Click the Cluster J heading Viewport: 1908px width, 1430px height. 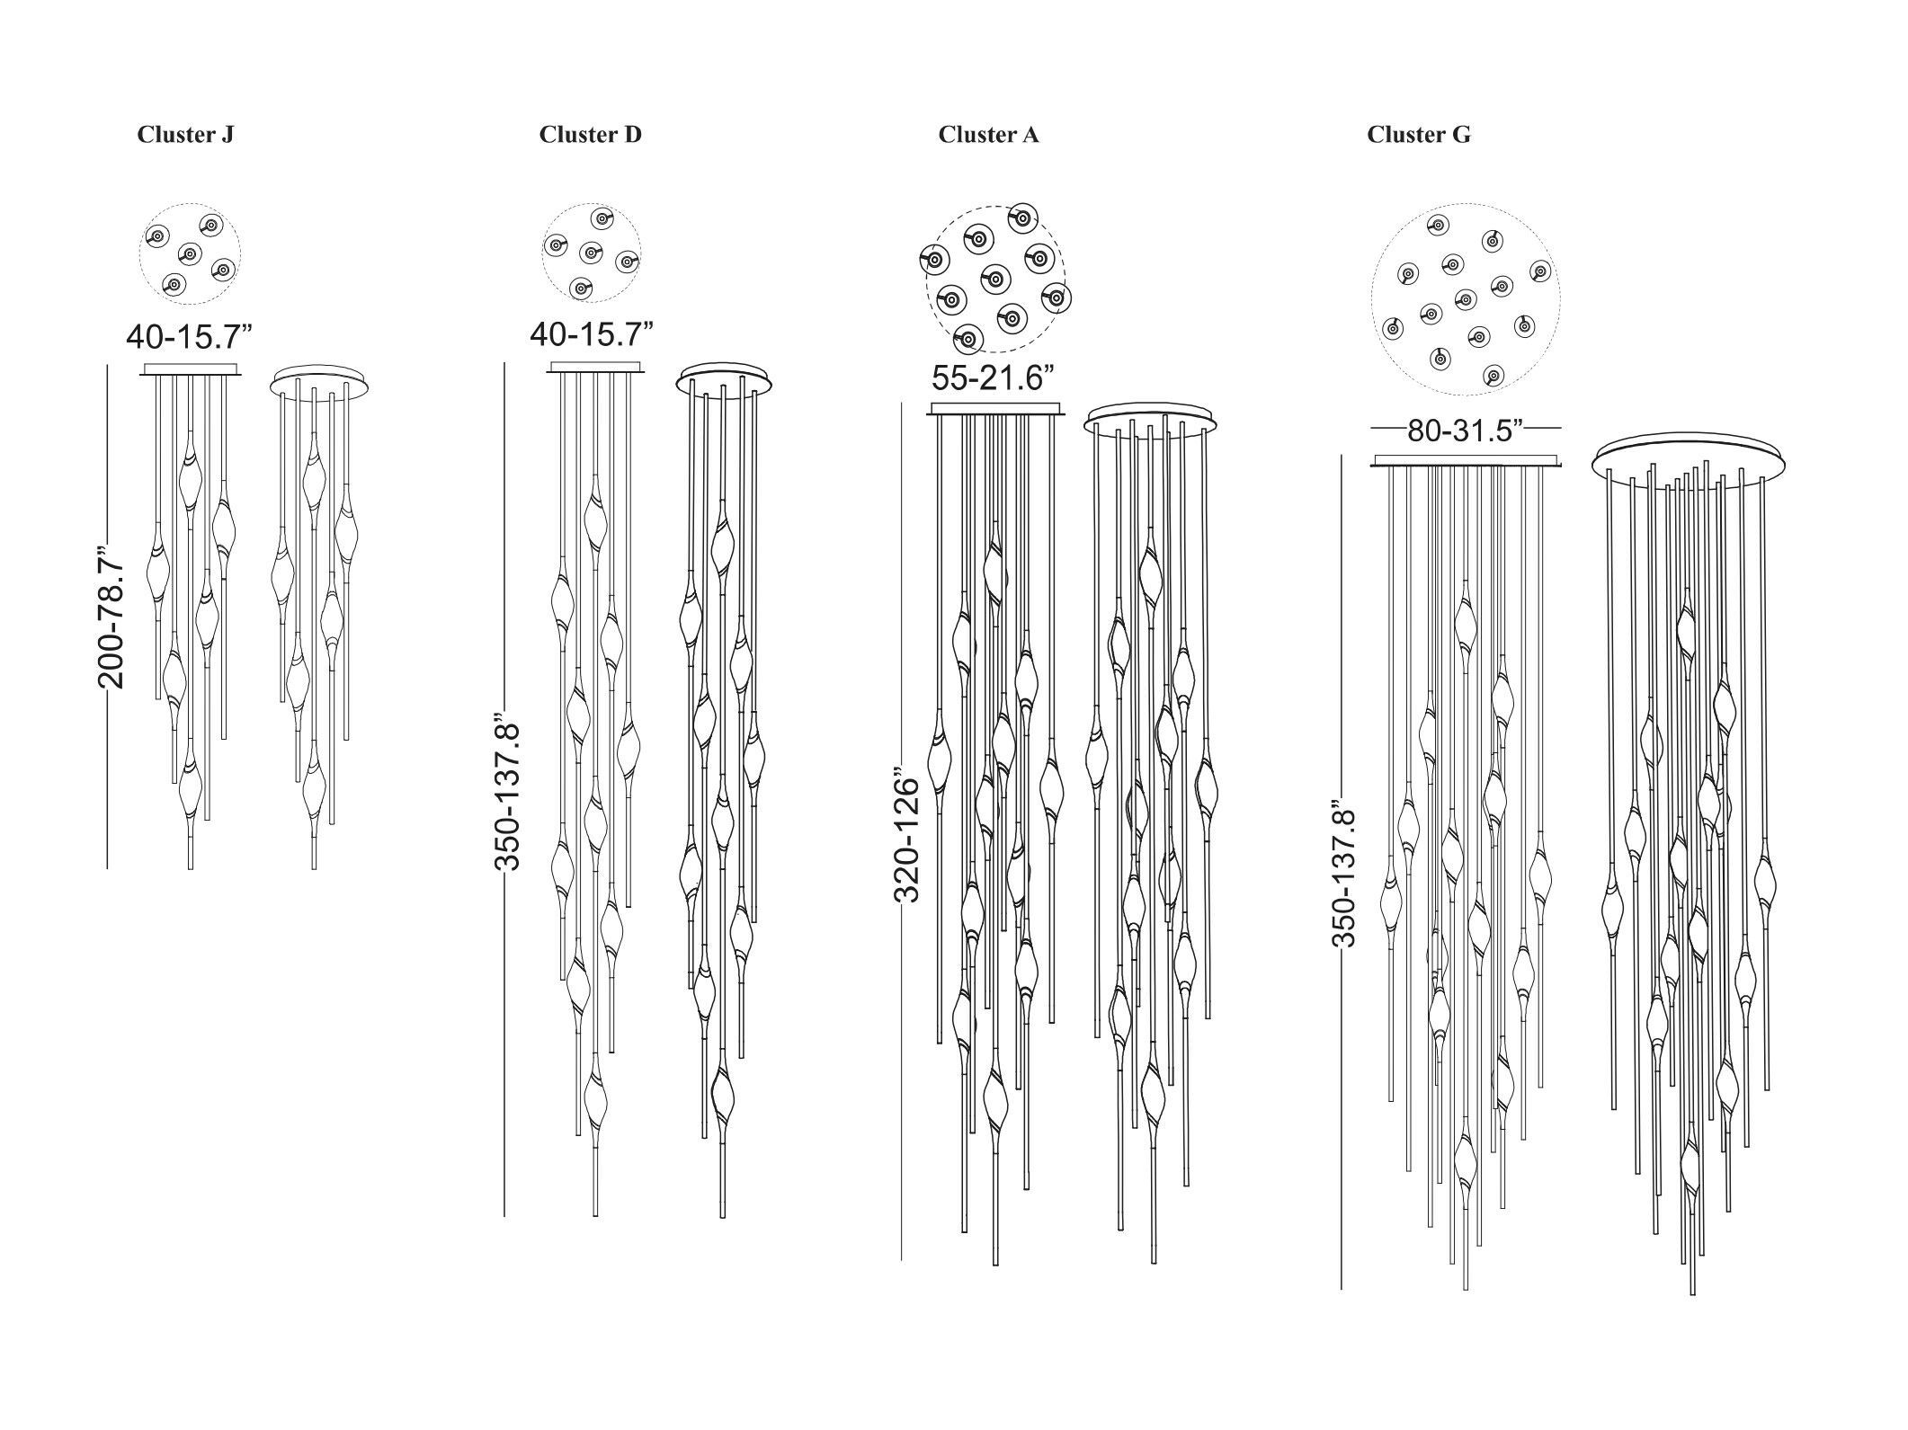pyautogui.click(x=185, y=135)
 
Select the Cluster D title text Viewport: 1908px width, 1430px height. pyautogui.click(x=591, y=135)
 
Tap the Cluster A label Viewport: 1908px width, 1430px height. pyautogui.click(x=988, y=135)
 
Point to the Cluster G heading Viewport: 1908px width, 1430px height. pyautogui.click(x=1419, y=135)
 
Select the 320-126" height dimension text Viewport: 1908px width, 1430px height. pyautogui.click(x=908, y=835)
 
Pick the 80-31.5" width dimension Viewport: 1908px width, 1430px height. pyautogui.click(x=1465, y=431)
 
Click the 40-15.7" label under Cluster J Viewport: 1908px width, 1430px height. pyautogui.click(x=190, y=337)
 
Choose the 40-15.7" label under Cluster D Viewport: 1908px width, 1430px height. pyautogui.click(x=592, y=334)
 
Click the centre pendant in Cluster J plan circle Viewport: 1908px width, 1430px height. pyautogui.click(x=188, y=252)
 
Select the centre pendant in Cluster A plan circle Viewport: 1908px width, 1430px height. pyautogui.click(x=995, y=280)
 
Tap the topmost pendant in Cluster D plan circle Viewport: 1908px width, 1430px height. pyautogui.click(x=602, y=218)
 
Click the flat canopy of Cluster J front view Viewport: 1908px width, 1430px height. pyautogui.click(x=190, y=369)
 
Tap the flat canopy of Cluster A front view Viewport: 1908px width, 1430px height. pyautogui.click(x=995, y=410)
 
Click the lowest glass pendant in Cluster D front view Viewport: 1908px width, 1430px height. pyautogui.click(x=595, y=1106)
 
